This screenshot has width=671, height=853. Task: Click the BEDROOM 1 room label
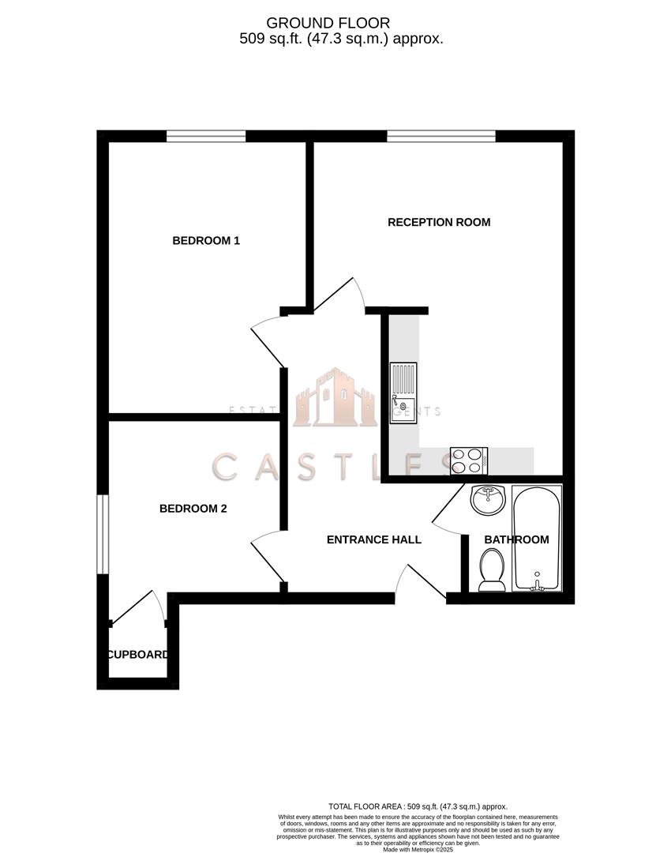click(206, 240)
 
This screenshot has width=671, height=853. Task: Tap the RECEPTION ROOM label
click(439, 222)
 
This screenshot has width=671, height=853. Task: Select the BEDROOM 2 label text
click(193, 509)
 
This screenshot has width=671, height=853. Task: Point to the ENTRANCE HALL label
click(374, 539)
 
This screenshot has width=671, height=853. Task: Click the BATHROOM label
click(516, 539)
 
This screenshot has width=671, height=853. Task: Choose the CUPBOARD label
click(138, 654)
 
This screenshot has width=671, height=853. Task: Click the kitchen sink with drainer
click(403, 393)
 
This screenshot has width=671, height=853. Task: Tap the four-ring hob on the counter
click(469, 460)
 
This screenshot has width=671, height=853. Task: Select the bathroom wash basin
click(487, 499)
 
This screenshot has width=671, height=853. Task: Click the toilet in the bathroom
click(493, 569)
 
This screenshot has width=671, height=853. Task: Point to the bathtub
click(537, 538)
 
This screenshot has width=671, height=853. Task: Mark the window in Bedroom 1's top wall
click(206, 136)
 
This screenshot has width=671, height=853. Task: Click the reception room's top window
click(441, 136)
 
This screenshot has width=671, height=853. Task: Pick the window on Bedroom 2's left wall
click(103, 534)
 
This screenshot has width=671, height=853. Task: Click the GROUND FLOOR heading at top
click(328, 24)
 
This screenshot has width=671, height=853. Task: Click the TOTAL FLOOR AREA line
click(418, 806)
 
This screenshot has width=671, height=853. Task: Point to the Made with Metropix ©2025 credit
click(418, 849)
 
